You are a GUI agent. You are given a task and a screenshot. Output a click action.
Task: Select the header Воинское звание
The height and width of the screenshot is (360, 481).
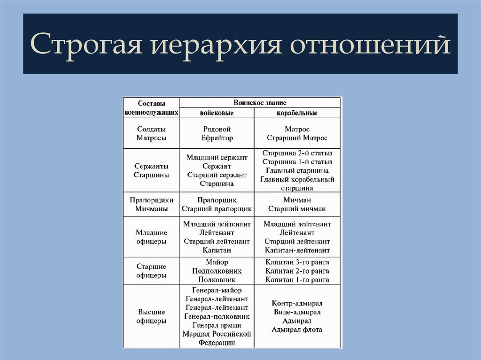260,102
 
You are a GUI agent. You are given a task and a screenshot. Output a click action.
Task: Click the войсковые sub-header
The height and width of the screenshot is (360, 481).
217,113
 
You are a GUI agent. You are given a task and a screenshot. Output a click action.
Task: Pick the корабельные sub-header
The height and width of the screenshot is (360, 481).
297,113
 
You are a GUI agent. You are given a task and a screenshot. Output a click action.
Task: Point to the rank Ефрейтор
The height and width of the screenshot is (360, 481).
217,138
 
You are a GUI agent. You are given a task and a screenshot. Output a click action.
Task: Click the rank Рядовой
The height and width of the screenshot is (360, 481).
217,129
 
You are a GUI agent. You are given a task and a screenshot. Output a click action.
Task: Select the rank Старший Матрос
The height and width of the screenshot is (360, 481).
297,138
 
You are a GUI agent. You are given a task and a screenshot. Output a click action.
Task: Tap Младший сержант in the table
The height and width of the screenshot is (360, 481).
217,157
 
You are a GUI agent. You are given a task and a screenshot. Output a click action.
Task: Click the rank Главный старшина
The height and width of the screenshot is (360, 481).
297,170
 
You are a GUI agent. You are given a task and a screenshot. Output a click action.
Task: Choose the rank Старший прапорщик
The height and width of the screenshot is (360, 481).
217,209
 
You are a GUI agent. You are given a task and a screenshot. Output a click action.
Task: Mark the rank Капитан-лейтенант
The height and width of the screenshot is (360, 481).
297,250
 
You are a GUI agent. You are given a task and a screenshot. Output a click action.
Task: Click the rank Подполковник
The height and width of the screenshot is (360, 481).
217,271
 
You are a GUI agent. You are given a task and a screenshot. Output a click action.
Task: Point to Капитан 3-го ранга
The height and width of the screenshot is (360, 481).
297,262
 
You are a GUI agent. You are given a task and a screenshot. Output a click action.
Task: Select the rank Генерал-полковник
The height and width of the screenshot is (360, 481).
217,316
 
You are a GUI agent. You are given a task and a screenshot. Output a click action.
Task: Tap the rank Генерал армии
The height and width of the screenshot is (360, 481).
217,325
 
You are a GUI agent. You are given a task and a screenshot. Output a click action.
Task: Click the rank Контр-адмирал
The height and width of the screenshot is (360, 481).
297,303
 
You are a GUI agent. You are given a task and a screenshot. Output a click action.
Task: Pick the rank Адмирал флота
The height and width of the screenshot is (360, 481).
297,329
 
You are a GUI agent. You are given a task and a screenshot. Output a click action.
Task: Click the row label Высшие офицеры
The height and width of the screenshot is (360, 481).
151,316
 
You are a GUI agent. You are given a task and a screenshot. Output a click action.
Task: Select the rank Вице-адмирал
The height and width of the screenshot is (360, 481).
297,312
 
